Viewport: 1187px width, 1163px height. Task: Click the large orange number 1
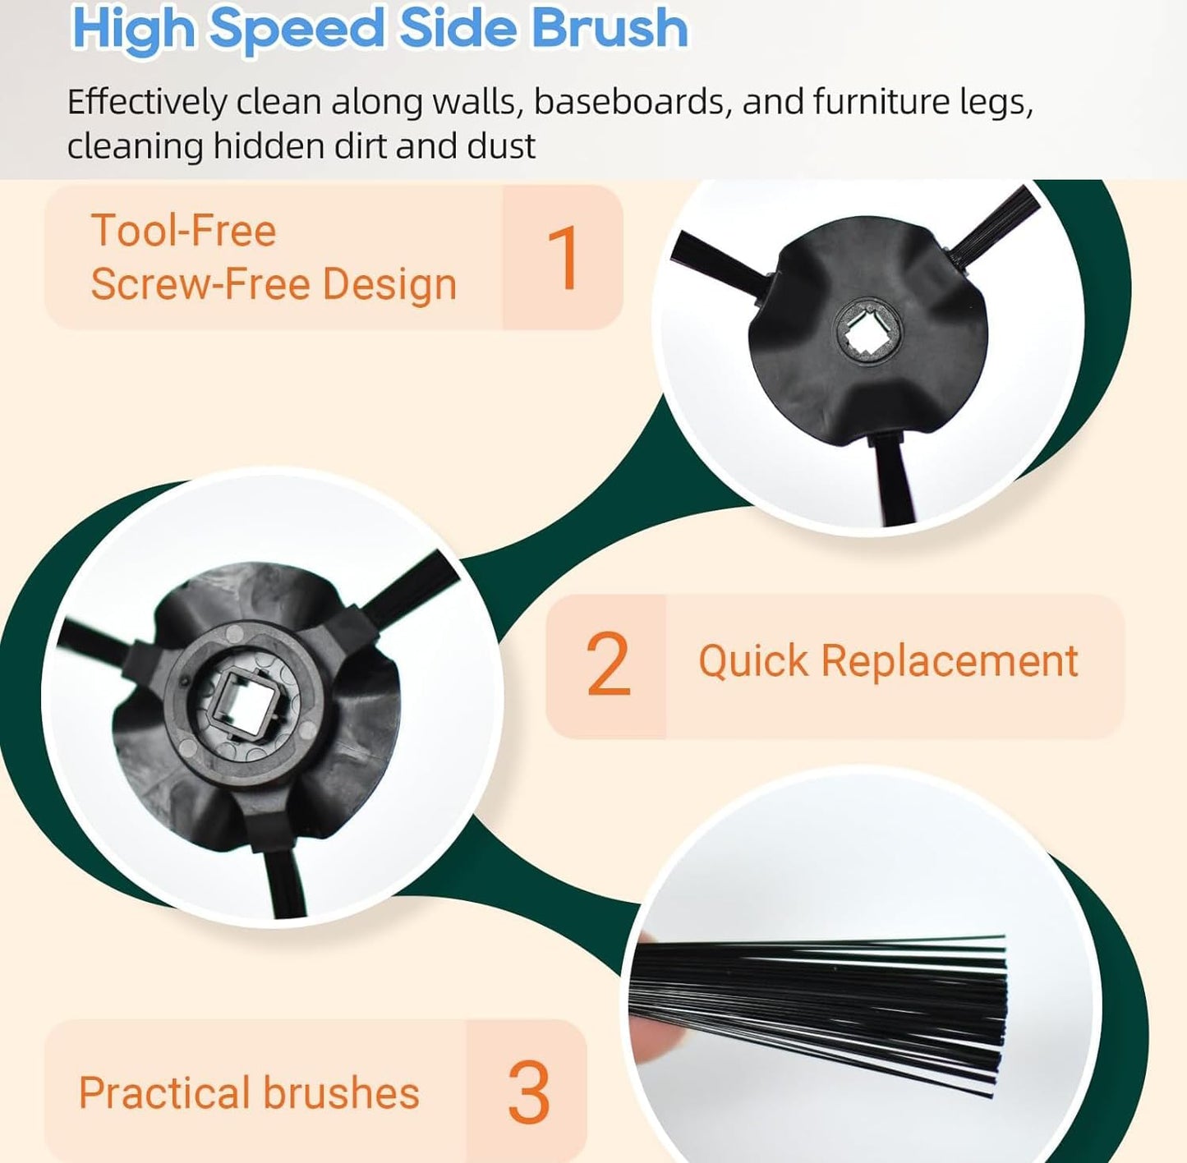pyautogui.click(x=562, y=258)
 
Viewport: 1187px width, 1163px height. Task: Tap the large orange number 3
pyautogui.click(x=528, y=1092)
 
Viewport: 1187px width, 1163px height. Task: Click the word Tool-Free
pyautogui.click(x=183, y=230)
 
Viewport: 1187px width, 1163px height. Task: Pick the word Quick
pyautogui.click(x=753, y=662)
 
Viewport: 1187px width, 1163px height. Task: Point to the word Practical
pyautogui.click(x=165, y=1092)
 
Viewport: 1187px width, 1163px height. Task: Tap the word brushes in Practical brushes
pyautogui.click(x=342, y=1092)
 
